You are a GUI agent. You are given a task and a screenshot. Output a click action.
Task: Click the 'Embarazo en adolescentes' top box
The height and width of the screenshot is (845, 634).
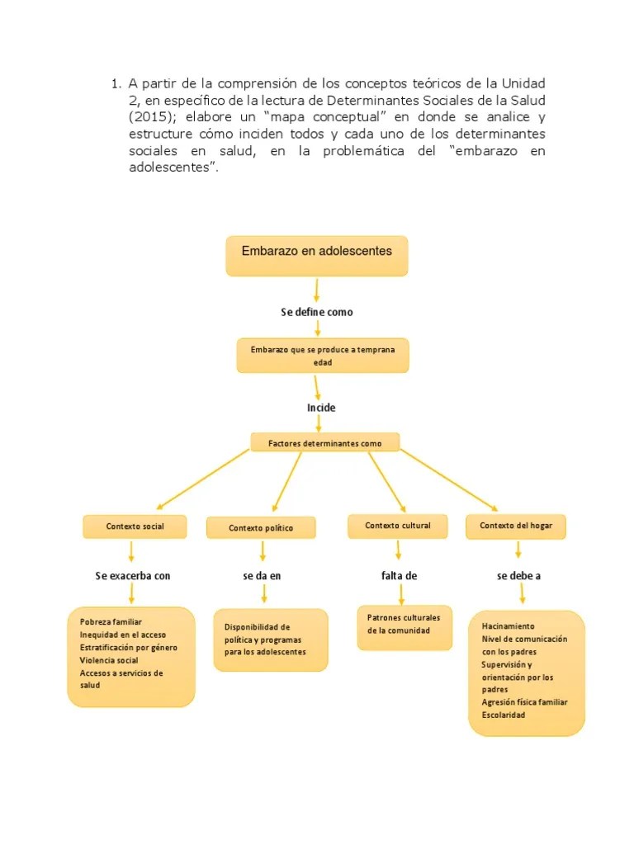pos(317,255)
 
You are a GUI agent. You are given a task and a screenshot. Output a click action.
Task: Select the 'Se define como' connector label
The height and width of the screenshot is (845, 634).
pos(317,312)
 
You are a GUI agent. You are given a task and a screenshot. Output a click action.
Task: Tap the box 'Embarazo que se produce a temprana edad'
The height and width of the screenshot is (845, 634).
pos(323,356)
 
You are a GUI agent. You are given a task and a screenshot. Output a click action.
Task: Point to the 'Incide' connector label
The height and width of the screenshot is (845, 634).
pos(321,408)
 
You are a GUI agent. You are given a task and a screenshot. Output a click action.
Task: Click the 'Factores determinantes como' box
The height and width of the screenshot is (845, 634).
pos(324,443)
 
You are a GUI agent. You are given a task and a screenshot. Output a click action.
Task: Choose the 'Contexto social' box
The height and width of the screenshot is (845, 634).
pos(135,526)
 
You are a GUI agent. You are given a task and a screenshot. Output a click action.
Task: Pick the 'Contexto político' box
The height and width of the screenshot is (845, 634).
pos(261,528)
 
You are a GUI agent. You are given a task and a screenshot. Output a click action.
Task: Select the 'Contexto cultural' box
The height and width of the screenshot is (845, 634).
pos(398,526)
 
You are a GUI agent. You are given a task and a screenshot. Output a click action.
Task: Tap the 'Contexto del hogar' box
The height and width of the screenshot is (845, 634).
pos(517,526)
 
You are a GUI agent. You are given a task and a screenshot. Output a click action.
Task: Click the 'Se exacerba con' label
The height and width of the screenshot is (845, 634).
pos(133,575)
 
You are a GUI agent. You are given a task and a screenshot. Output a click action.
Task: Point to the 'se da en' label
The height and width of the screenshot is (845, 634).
pos(262,575)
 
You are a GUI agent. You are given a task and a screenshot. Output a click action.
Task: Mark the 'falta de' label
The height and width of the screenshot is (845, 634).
pos(399,575)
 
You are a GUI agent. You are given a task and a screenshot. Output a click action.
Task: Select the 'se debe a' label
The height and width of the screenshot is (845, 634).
pos(518,575)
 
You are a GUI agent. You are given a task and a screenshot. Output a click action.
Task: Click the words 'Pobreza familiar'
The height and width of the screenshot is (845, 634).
pos(111,621)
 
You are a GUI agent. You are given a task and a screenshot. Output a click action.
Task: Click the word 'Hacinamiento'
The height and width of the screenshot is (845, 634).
pos(508,626)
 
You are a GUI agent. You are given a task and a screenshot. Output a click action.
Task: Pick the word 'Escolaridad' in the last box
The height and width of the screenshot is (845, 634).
pos(504,715)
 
